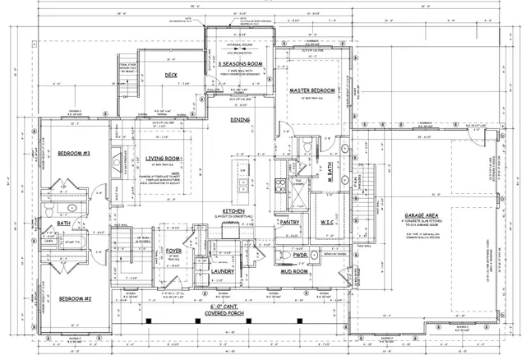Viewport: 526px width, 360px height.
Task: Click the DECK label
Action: (x=171, y=75)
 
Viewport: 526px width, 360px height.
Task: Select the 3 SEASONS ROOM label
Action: (x=241, y=63)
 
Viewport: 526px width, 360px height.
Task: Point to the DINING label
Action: (x=240, y=120)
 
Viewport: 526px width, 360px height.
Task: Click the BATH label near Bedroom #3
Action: (x=63, y=222)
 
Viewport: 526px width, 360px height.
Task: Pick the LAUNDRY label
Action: (x=224, y=270)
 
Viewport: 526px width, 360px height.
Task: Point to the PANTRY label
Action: (x=290, y=222)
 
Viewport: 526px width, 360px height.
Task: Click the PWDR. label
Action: (x=298, y=254)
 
